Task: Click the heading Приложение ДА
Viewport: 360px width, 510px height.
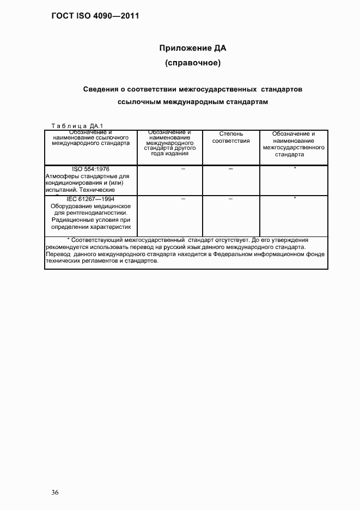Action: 192,48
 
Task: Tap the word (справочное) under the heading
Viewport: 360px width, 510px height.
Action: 192,64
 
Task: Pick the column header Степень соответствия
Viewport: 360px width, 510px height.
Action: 231,137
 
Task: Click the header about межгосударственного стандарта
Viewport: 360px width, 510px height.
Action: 294,144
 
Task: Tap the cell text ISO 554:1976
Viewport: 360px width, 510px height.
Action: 90,169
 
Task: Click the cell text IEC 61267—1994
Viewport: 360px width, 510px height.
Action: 90,199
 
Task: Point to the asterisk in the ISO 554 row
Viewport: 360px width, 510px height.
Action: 295,168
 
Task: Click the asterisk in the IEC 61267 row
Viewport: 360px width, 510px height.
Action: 295,198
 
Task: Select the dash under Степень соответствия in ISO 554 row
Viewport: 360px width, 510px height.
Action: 231,169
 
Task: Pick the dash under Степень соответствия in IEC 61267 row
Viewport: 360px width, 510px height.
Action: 231,199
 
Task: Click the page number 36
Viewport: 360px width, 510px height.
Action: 55,493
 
